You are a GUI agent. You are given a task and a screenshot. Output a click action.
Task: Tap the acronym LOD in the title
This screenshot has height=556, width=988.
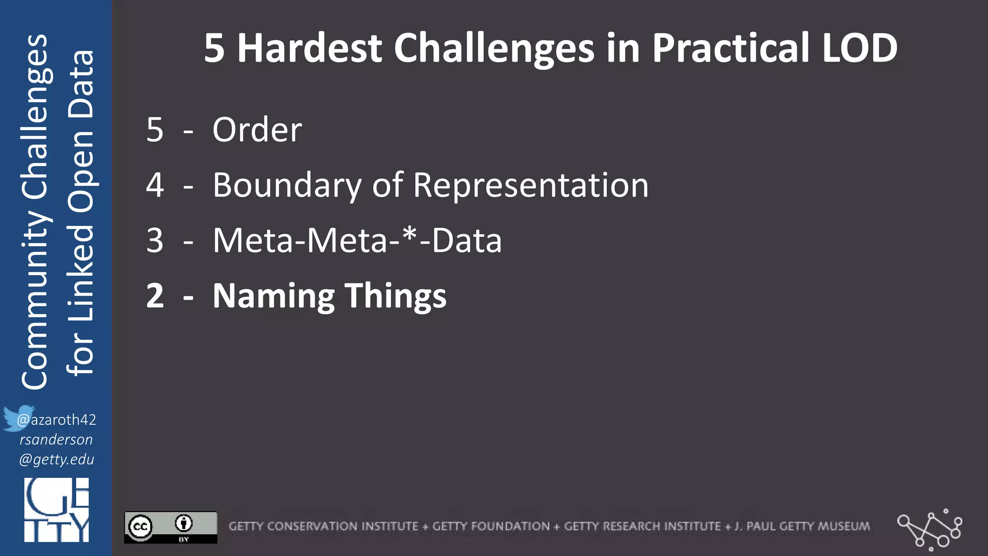[x=859, y=48]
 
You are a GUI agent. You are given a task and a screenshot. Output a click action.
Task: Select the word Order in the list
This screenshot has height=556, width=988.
[x=257, y=130]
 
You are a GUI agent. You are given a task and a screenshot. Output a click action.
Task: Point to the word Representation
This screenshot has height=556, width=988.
[x=531, y=185]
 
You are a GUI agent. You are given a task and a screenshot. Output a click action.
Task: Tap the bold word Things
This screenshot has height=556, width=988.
[x=396, y=296]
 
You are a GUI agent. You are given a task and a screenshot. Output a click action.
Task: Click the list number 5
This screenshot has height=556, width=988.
[x=155, y=130]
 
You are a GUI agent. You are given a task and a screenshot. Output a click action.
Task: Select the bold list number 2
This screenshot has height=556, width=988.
[x=155, y=296]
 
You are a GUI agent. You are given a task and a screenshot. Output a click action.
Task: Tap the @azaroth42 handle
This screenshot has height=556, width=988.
[x=57, y=420]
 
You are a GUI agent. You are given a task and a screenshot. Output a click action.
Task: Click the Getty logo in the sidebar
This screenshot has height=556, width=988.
[x=56, y=510]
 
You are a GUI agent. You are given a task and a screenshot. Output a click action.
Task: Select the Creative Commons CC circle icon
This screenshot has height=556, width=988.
[x=140, y=527]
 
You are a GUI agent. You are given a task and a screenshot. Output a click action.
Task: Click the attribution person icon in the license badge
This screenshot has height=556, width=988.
[x=184, y=523]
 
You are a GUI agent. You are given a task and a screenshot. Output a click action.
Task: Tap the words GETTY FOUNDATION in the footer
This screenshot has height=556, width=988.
[x=491, y=526]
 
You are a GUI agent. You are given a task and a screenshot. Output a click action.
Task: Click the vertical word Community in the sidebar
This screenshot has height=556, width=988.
[x=35, y=299]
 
